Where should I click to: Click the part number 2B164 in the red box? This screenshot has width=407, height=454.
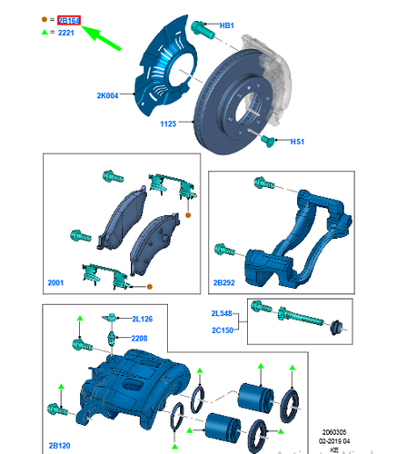[69, 19]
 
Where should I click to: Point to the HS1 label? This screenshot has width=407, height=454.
[297, 143]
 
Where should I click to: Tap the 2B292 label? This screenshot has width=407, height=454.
[224, 283]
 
